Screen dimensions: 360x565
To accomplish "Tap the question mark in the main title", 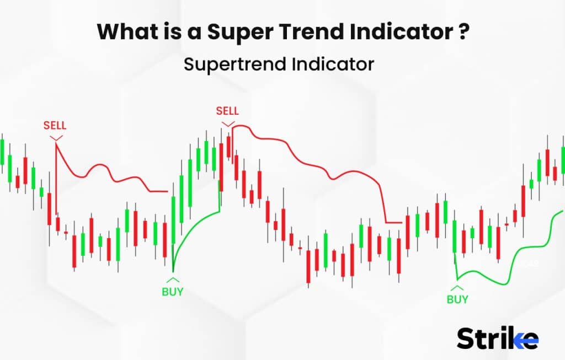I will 464,32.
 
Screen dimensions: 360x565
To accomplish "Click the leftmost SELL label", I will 55,126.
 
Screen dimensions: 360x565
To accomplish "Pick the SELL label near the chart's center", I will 227,111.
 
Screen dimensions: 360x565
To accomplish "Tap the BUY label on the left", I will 172,292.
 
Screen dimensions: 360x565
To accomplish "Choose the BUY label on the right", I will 457,299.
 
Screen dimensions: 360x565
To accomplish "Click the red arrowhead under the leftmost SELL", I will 55,136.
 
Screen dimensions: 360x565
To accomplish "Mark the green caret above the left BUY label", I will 172,280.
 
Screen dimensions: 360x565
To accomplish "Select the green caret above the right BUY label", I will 457,287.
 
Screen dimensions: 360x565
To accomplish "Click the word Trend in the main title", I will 319,32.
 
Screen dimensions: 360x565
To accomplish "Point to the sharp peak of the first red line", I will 56,142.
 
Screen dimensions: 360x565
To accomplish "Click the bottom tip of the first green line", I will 173,272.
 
